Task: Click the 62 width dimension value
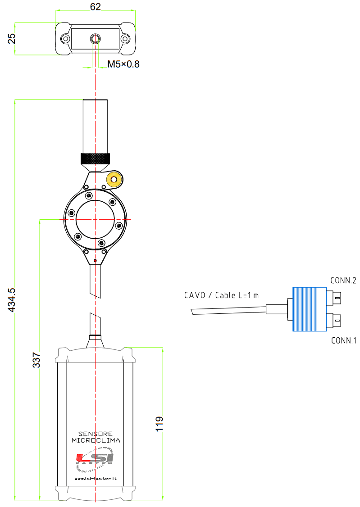(96, 6)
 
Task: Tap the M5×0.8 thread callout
(123, 64)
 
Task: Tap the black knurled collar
(95, 159)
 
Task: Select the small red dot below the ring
(95, 261)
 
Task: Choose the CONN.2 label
(343, 281)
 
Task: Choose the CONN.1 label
(343, 340)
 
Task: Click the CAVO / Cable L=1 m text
(222, 295)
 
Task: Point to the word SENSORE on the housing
(96, 434)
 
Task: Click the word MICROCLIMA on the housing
(96, 440)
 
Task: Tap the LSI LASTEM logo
(95, 459)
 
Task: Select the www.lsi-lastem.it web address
(96, 478)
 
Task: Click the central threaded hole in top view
(96, 39)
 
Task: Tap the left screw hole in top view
(66, 39)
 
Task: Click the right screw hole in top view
(125, 39)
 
